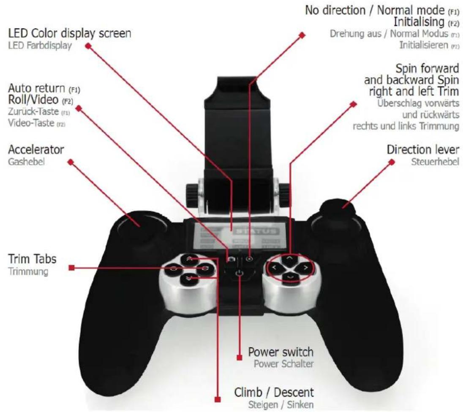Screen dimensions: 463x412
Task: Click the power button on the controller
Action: click(x=240, y=274)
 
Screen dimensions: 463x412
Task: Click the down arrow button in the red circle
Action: click(x=289, y=276)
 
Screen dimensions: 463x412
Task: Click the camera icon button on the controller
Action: click(x=231, y=258)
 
